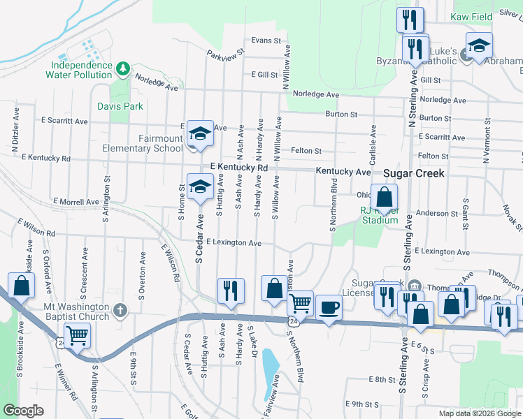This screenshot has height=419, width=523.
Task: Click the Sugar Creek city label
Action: point(413,172)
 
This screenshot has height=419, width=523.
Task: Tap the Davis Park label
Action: point(120,106)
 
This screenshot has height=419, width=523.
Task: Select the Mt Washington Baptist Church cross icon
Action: point(121,309)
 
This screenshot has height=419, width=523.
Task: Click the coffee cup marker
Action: point(328,308)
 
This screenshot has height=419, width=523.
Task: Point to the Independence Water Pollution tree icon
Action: point(123,68)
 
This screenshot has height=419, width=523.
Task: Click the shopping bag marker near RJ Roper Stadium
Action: point(384,198)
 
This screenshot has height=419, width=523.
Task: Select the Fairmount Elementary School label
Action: point(152,143)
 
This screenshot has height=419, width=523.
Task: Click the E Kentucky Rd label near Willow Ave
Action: point(240,168)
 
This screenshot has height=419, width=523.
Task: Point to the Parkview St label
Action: point(226,53)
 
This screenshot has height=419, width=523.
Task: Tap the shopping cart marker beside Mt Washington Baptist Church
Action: point(77,336)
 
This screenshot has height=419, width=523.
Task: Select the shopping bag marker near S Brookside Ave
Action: point(22,286)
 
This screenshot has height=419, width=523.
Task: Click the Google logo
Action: point(22,411)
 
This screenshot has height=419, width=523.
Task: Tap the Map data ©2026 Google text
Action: point(478,413)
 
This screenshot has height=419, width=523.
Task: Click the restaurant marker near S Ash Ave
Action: point(231,291)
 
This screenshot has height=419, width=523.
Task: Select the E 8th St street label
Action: point(382,379)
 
